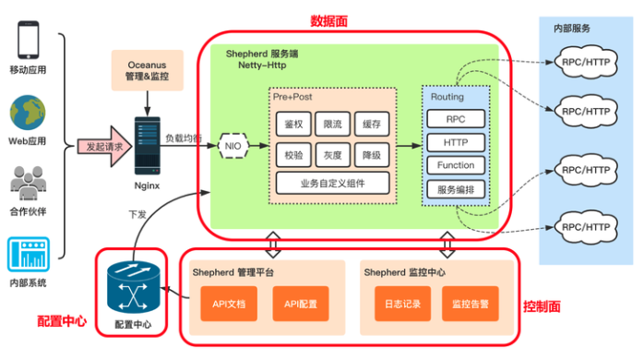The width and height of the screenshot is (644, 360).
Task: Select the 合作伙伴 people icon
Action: [28, 182]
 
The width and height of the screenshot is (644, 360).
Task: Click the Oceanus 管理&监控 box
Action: [146, 72]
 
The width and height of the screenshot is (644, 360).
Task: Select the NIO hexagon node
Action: [235, 146]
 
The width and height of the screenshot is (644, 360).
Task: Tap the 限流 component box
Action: [332, 124]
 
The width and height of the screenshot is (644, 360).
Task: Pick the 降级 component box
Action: [372, 154]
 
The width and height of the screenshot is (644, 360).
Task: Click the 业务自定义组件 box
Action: [332, 183]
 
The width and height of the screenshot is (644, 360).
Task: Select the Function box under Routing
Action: [456, 166]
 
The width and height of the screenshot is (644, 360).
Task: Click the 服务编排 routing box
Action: [456, 189]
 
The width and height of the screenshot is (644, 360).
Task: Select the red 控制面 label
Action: [541, 306]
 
